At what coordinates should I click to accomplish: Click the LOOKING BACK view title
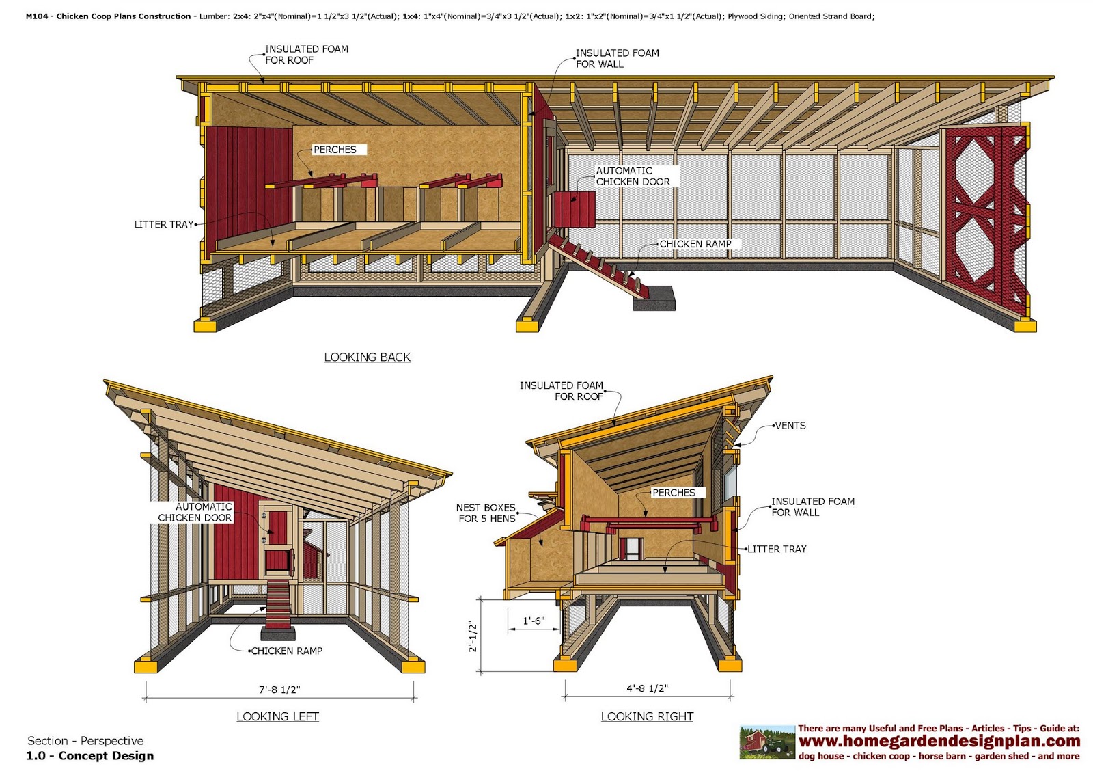tap(367, 357)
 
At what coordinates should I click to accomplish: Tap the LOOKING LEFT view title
tap(277, 716)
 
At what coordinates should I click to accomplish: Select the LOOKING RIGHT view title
tap(647, 716)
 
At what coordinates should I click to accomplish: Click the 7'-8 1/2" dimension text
tap(279, 690)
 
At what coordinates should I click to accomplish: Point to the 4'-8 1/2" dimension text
tap(647, 688)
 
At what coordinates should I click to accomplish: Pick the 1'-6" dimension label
tap(533, 621)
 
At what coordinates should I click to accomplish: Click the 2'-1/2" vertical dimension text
tap(473, 636)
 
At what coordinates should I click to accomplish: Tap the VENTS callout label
tap(790, 426)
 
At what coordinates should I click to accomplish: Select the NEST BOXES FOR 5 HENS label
tap(486, 513)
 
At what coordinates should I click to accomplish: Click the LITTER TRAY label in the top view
tap(164, 224)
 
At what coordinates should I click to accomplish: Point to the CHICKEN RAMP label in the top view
tap(695, 244)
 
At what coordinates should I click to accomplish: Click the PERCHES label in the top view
tap(335, 150)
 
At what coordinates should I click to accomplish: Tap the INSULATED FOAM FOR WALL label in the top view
tap(617, 58)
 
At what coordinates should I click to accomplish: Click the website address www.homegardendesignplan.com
tap(939, 742)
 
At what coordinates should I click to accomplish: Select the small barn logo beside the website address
tap(767, 742)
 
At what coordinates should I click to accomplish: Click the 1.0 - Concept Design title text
tap(90, 756)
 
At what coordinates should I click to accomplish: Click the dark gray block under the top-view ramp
tap(654, 298)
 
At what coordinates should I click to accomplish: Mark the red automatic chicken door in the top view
tap(574, 208)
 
